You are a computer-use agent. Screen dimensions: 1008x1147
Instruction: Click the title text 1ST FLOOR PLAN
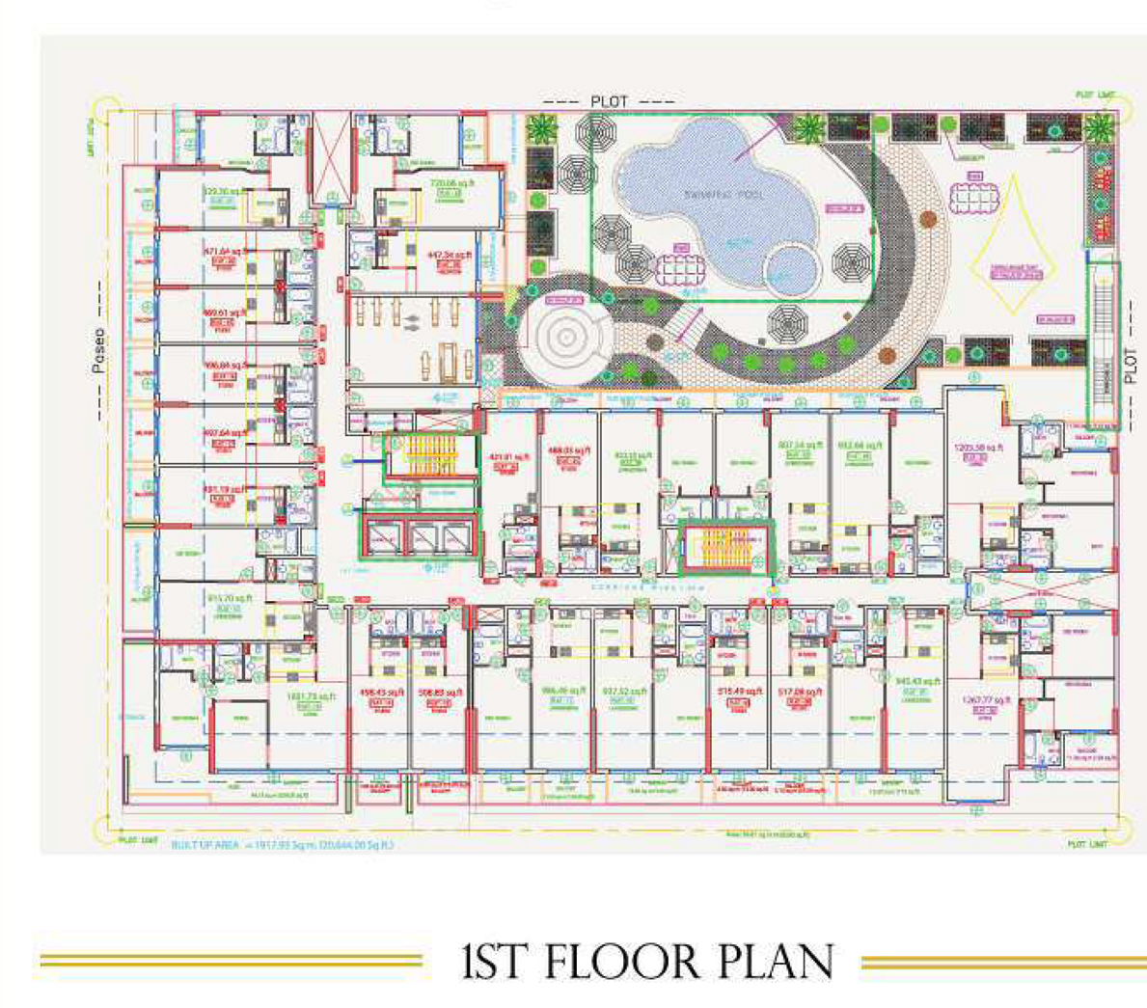point(647,963)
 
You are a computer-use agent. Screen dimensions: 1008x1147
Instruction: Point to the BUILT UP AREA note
point(283,845)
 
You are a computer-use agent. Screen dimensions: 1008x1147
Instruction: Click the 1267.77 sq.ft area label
point(984,700)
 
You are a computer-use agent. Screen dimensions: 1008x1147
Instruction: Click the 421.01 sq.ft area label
point(510,457)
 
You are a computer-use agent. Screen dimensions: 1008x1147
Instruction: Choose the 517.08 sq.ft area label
point(800,692)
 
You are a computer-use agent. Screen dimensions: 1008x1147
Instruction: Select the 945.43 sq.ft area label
point(916,682)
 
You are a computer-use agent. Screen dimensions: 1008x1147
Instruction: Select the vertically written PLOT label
point(1131,367)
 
